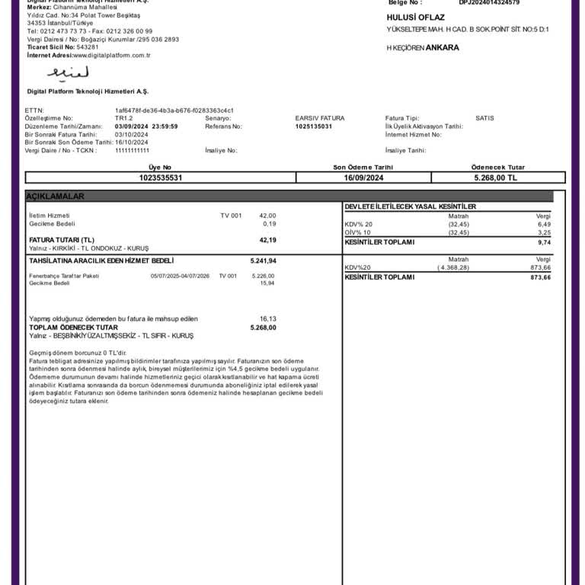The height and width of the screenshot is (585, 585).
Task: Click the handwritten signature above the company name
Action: click(x=68, y=73)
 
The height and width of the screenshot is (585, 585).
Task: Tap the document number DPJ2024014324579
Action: click(x=489, y=2)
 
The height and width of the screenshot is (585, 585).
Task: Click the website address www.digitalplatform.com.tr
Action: click(x=112, y=55)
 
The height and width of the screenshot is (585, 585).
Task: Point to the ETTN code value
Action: click(x=174, y=110)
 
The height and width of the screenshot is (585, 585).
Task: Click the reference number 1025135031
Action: click(x=314, y=126)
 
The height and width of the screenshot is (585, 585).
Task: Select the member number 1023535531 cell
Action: click(x=161, y=177)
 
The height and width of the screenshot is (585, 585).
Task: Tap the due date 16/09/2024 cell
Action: click(x=363, y=177)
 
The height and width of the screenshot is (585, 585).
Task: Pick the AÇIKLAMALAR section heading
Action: click(x=56, y=197)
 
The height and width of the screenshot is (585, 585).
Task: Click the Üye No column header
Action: click(x=160, y=167)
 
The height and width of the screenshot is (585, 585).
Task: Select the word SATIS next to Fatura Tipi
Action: click(x=485, y=118)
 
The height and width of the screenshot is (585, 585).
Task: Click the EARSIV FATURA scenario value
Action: click(x=320, y=118)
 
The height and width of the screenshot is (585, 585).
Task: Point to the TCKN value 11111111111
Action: click(x=133, y=150)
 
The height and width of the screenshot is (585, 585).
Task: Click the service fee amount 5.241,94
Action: click(x=263, y=261)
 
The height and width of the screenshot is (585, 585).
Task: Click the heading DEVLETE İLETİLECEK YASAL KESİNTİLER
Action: click(x=411, y=206)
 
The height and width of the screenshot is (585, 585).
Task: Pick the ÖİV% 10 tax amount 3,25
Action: click(x=543, y=232)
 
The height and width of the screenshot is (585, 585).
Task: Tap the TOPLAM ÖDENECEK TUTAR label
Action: click(x=73, y=328)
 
